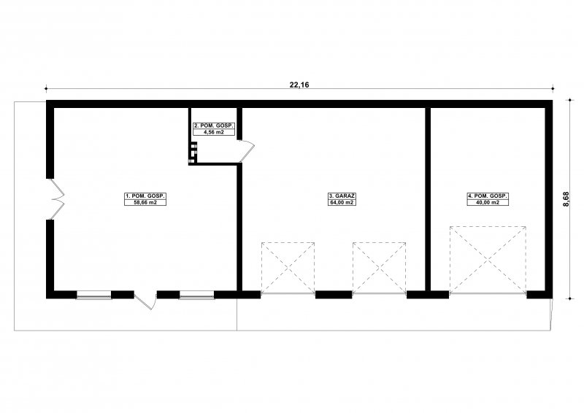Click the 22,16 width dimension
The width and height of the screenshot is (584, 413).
pyautogui.click(x=299, y=85)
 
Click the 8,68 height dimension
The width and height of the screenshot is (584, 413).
pyautogui.click(x=566, y=199)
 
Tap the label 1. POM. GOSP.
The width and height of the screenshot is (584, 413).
pyautogui.click(x=145, y=196)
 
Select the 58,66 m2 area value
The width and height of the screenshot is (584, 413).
pyautogui.click(x=145, y=203)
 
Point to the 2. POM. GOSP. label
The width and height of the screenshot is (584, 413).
pyautogui.click(x=214, y=126)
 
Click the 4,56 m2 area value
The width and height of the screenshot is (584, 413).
pyautogui.click(x=214, y=132)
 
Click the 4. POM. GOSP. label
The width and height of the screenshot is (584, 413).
pyautogui.click(x=488, y=196)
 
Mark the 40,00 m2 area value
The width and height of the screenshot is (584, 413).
pyautogui.click(x=488, y=203)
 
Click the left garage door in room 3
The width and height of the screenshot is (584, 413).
pyautogui.click(x=288, y=269)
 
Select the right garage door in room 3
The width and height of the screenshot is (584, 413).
pyautogui.click(x=379, y=269)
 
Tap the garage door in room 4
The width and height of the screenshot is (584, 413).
pyautogui.click(x=488, y=260)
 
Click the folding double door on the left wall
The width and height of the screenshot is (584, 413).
pyautogui.click(x=56, y=199)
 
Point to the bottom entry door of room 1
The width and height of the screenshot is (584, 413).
pyautogui.click(x=145, y=300)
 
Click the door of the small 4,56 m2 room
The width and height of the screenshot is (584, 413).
pyautogui.click(x=246, y=150)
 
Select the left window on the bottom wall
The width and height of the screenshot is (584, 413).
pyautogui.click(x=94, y=296)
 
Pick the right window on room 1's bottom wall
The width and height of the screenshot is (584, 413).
pyautogui.click(x=196, y=296)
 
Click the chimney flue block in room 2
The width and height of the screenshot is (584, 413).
pyautogui.click(x=193, y=153)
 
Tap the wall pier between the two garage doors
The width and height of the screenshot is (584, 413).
pyautogui.click(x=334, y=295)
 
